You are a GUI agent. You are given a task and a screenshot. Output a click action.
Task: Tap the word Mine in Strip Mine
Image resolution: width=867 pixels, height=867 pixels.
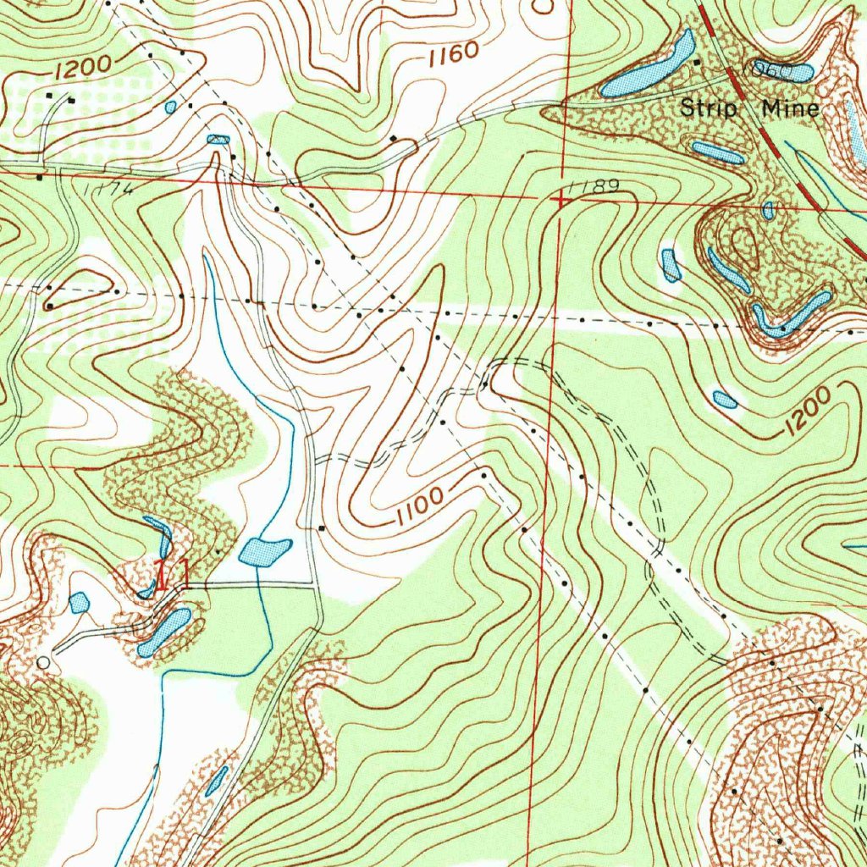(790, 109)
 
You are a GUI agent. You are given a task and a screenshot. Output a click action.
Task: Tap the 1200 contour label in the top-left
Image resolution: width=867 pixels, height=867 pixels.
(85, 67)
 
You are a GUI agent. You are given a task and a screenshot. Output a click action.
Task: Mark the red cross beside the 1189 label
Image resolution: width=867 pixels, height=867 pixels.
(561, 200)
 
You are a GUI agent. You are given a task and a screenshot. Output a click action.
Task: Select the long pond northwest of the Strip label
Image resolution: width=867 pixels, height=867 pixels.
(649, 64)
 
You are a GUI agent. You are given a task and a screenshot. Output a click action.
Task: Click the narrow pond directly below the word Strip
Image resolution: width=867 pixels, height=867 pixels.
(717, 152)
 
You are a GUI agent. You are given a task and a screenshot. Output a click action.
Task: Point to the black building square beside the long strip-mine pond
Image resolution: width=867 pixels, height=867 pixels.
(698, 62)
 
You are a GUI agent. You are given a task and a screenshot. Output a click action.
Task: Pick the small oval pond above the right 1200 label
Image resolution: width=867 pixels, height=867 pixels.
(725, 400)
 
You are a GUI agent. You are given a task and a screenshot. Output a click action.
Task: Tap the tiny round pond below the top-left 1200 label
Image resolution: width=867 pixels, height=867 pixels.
(171, 107)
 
